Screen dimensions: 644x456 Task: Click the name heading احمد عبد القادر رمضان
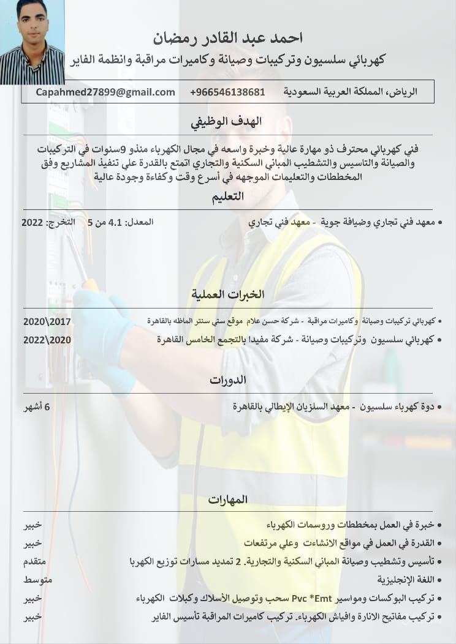click(227, 39)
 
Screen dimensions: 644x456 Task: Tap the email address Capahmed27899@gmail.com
click(105, 92)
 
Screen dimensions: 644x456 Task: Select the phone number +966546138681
click(227, 92)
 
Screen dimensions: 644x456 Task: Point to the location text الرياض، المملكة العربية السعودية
click(350, 92)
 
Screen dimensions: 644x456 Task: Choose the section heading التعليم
click(227, 197)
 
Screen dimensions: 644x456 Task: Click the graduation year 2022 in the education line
click(32, 222)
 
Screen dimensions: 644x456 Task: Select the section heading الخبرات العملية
click(228, 294)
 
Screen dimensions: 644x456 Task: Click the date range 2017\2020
click(47, 321)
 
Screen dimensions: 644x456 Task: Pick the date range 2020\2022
click(47, 340)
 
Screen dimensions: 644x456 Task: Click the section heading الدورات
click(227, 380)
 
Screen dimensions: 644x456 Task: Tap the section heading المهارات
click(227, 500)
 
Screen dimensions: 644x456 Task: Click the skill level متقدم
click(35, 561)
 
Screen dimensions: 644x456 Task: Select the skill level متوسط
click(36, 580)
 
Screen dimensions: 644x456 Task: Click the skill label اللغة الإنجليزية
click(405, 580)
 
